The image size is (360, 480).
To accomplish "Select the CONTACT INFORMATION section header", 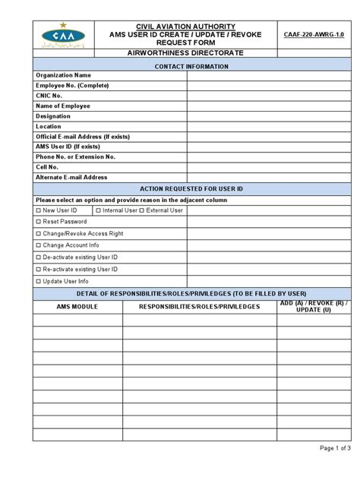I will [x=191, y=67].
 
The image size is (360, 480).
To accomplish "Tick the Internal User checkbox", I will [x=99, y=210].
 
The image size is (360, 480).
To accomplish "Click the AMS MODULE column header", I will [x=77, y=307].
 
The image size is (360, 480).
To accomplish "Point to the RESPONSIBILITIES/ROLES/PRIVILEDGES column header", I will [x=200, y=307].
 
